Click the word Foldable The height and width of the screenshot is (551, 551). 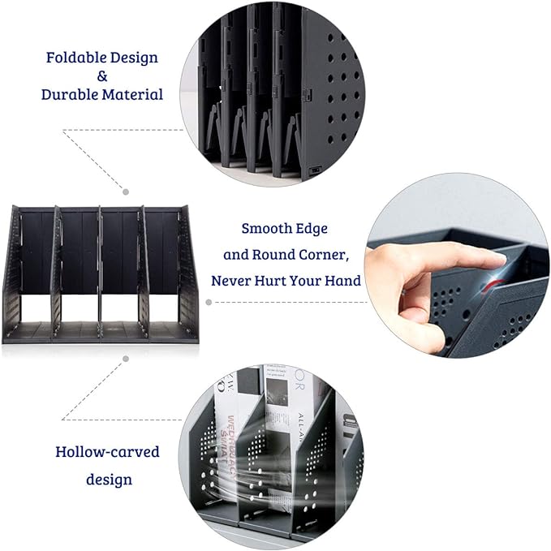(79, 58)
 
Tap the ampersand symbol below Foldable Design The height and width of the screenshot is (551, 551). (102, 76)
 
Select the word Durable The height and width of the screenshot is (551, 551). (69, 95)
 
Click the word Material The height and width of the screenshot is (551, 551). (132, 95)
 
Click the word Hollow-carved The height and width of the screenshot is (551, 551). (107, 452)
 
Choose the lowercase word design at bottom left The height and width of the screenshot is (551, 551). (109, 480)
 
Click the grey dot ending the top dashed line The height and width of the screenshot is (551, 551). (126, 192)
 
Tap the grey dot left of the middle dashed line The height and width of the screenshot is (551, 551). (209, 301)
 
